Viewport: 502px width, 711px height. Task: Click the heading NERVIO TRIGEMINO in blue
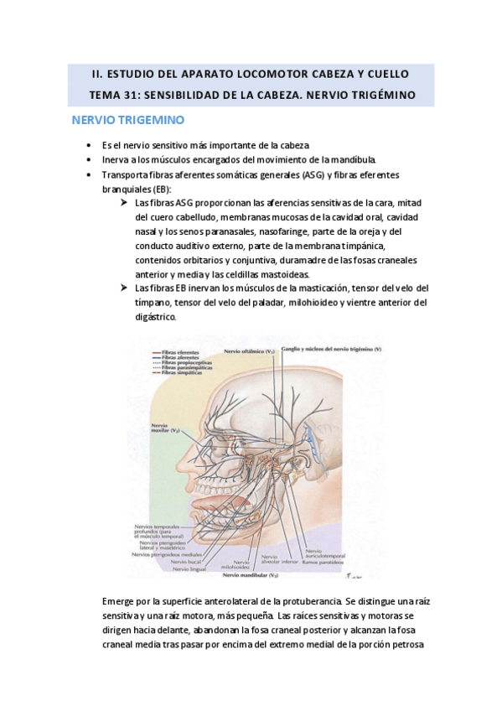128,121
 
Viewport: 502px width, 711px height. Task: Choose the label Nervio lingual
189,568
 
